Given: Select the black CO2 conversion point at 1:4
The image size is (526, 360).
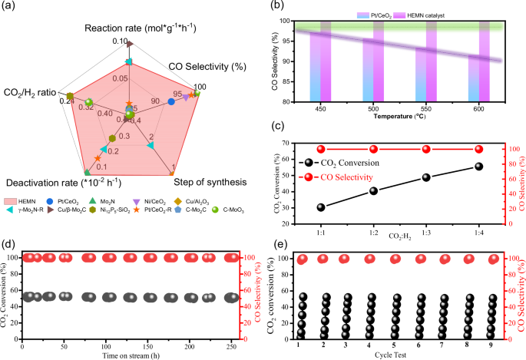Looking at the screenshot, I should pyautogui.click(x=479, y=167).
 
